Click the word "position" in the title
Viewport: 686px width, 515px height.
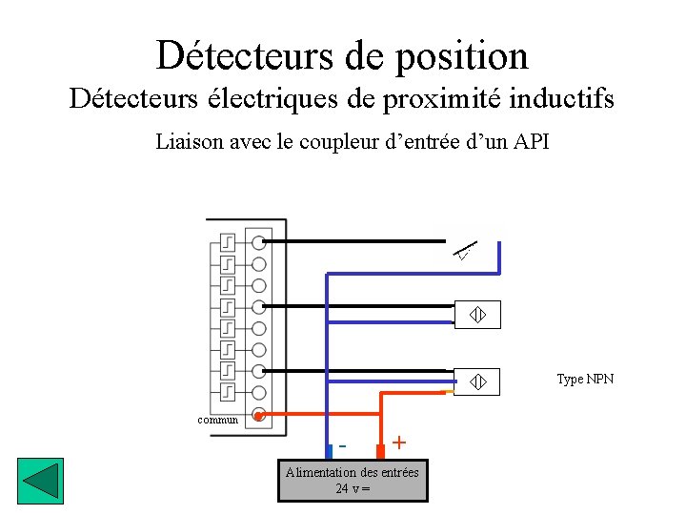click(x=465, y=56)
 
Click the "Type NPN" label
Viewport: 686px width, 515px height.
click(x=585, y=380)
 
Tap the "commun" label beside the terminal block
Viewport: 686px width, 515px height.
click(x=217, y=420)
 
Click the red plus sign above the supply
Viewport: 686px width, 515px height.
click(x=399, y=443)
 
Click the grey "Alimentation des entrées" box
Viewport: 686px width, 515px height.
click(x=353, y=480)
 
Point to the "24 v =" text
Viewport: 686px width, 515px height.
click(x=353, y=489)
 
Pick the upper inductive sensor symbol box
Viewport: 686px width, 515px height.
click(x=477, y=316)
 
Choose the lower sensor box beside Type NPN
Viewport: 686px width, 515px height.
click(x=477, y=381)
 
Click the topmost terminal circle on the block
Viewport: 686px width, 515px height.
click(x=258, y=241)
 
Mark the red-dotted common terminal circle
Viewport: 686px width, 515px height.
click(x=258, y=415)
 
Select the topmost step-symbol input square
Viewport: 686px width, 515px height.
click(x=228, y=241)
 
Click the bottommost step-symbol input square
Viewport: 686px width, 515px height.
click(x=228, y=392)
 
